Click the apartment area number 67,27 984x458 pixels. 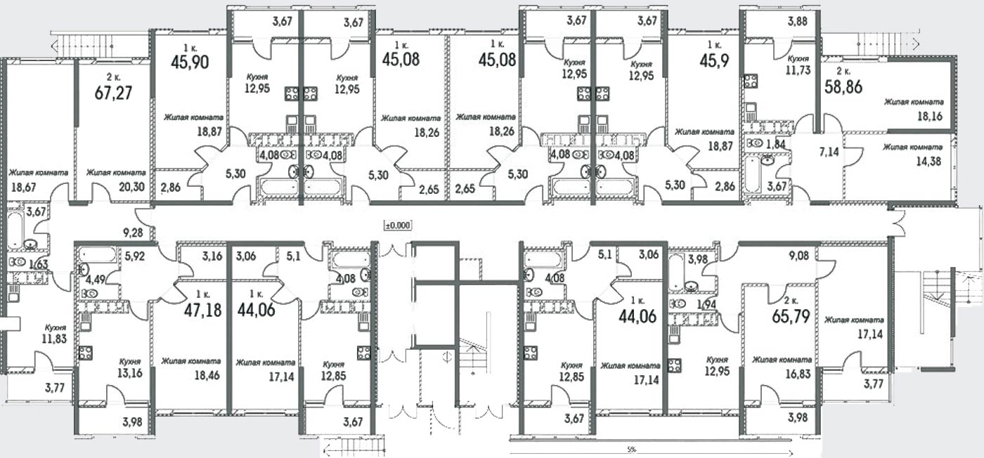[113, 93]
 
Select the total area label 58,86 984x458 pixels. [843, 87]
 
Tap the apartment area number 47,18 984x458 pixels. [202, 310]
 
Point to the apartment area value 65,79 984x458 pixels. [791, 315]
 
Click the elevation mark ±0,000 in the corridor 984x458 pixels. [398, 225]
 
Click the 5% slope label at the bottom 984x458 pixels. [632, 449]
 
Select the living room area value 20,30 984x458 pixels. [132, 187]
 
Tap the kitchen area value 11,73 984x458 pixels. [798, 70]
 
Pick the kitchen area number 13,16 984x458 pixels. [131, 373]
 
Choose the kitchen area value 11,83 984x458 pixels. [55, 339]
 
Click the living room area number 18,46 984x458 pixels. [207, 375]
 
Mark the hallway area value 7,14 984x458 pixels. [829, 152]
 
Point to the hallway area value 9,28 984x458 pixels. [133, 233]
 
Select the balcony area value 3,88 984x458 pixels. [797, 21]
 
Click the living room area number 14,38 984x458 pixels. [928, 161]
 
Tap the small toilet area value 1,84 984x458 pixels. [776, 143]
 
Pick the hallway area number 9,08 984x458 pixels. [798, 255]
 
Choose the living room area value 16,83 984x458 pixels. [798, 374]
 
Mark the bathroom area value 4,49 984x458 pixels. [95, 280]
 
